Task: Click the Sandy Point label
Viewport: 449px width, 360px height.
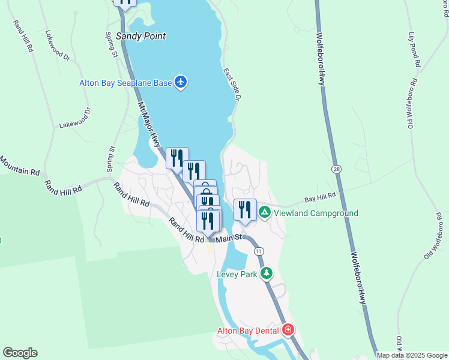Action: point(140,36)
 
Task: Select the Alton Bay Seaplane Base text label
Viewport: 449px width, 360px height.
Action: point(125,83)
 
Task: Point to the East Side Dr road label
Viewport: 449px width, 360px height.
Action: point(233,84)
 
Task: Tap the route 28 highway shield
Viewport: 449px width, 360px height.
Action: point(336,170)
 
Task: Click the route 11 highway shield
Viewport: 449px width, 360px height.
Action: point(258,250)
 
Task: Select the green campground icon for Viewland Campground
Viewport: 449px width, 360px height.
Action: point(264,212)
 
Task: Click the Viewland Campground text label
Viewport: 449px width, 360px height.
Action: point(316,213)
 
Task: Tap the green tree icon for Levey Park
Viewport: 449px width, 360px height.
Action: point(266,274)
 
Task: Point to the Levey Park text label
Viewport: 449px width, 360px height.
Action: point(237,274)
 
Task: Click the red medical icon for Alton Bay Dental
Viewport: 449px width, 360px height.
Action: point(288,331)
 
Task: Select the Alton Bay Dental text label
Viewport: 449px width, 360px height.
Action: point(248,331)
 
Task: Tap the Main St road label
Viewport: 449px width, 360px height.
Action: point(228,238)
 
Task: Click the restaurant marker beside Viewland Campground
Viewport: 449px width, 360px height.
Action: point(245,209)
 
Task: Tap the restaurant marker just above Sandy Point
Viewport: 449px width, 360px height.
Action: point(125,2)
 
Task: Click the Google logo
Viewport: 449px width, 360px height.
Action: point(20,353)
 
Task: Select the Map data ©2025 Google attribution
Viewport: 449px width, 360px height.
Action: point(412,355)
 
